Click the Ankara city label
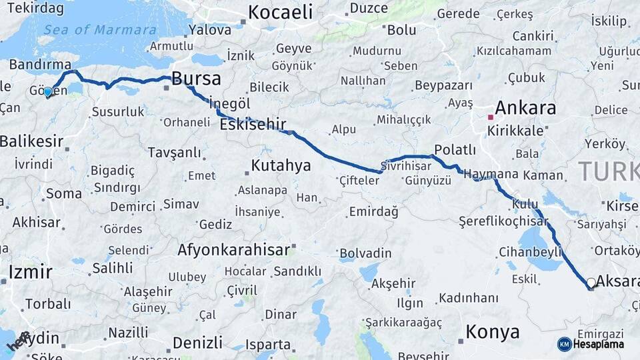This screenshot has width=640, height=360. point(525,108)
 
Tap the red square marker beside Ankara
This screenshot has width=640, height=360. point(491,117)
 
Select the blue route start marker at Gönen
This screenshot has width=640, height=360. point(48,91)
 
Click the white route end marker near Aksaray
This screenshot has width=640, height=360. point(591,283)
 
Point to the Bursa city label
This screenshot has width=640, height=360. point(196,79)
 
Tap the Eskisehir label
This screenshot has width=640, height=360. point(253,124)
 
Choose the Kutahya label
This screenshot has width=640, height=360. point(281,165)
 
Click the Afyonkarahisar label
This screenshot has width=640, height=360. point(234,250)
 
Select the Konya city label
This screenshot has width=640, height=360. point(492,331)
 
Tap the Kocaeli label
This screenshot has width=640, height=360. point(280,12)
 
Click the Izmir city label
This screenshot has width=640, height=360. point(30,272)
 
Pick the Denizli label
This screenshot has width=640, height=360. point(197,343)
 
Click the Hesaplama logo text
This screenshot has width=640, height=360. point(599,344)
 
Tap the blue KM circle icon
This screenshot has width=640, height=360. point(565,344)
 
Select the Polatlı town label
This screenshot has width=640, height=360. point(455,150)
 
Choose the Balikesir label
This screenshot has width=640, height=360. point(31,141)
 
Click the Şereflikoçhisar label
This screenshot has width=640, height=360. point(503,221)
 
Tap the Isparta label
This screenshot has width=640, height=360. point(268,345)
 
